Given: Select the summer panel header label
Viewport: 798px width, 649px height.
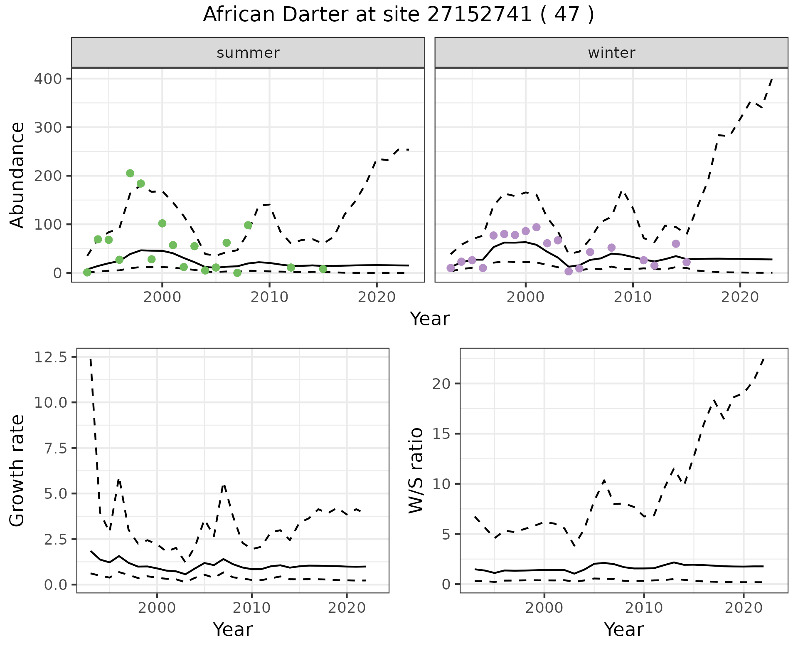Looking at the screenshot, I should point(248,53).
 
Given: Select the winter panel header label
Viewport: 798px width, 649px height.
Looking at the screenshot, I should point(611,53).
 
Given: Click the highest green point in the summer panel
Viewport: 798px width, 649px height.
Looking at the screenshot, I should point(130,173).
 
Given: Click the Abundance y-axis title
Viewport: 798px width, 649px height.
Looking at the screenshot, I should point(17,175).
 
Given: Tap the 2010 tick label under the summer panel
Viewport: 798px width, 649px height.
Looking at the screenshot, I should point(269,297).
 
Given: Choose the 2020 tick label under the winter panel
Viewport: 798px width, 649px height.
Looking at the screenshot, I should point(740,297).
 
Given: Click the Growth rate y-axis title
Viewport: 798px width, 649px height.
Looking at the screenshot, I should point(17,471).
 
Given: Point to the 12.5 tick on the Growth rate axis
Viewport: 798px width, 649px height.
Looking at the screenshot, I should point(51,357).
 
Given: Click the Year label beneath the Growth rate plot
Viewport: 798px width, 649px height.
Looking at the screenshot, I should point(233,630).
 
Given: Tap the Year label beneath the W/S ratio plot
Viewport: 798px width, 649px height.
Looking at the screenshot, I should point(624,630).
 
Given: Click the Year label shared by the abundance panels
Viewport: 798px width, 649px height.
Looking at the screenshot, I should point(430,319).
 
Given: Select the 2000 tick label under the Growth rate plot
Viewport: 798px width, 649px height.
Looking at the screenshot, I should point(157,608).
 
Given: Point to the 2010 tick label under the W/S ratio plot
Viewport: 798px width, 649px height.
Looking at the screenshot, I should point(644,608).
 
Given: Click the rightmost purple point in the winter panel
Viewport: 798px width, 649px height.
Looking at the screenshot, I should point(687,262).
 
